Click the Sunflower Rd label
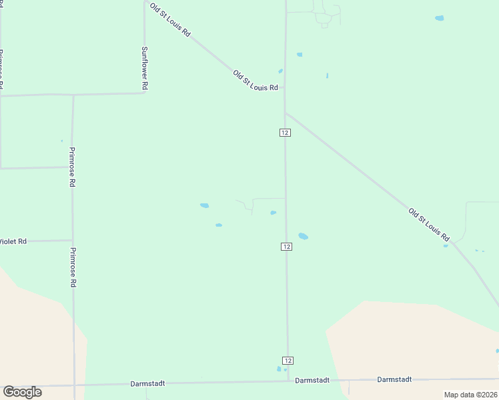(144, 69)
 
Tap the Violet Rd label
(13, 241)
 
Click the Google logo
(22, 392)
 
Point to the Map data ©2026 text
(470, 395)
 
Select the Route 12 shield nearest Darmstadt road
(287, 360)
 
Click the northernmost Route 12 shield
(285, 133)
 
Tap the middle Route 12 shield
(286, 247)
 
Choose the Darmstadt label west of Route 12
(147, 383)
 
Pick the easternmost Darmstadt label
(394, 379)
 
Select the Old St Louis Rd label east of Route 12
(430, 224)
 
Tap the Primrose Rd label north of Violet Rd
(72, 167)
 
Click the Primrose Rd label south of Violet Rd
(73, 267)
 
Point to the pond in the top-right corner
(439, 18)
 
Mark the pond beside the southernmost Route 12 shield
(279, 369)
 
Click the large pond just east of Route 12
(303, 236)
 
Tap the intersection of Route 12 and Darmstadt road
(288, 381)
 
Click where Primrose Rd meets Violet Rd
(72, 240)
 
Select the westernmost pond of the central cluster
(204, 205)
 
